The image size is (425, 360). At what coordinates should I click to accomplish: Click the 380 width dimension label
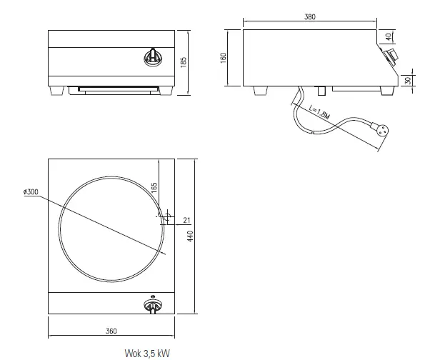tap(309, 16)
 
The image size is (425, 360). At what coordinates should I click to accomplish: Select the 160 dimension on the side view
tap(224, 57)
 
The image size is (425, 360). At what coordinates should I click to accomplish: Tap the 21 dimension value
tap(187, 219)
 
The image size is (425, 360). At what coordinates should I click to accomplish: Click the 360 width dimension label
tap(111, 331)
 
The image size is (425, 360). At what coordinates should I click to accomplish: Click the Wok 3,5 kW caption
tap(146, 353)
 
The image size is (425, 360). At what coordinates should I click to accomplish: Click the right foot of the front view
tap(169, 91)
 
